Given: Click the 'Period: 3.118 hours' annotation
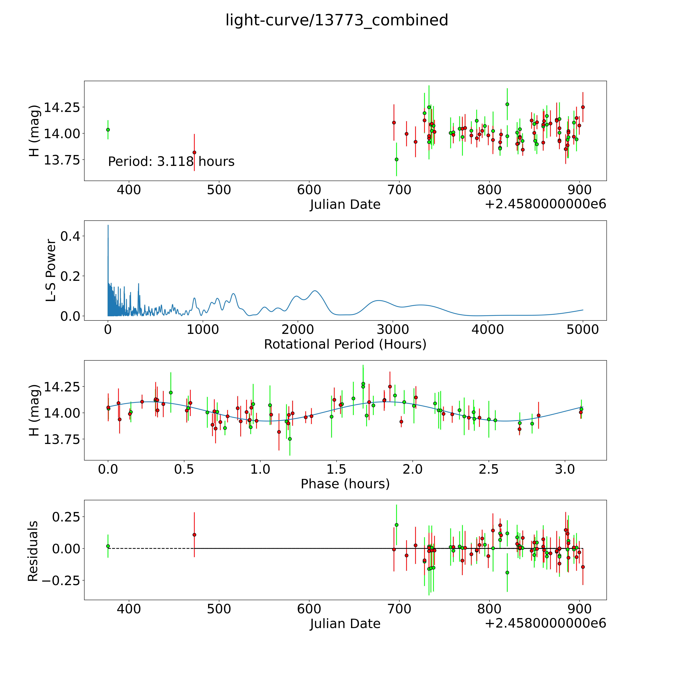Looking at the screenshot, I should (x=171, y=162).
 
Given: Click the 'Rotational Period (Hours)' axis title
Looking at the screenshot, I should (x=345, y=344).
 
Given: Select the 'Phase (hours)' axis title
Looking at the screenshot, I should (x=345, y=484).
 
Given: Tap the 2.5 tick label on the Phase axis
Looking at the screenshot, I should (x=489, y=469).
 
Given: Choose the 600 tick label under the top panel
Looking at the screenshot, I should (x=309, y=190).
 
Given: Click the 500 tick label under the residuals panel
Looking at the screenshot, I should (x=219, y=609).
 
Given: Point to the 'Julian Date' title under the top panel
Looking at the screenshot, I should (x=345, y=204).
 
